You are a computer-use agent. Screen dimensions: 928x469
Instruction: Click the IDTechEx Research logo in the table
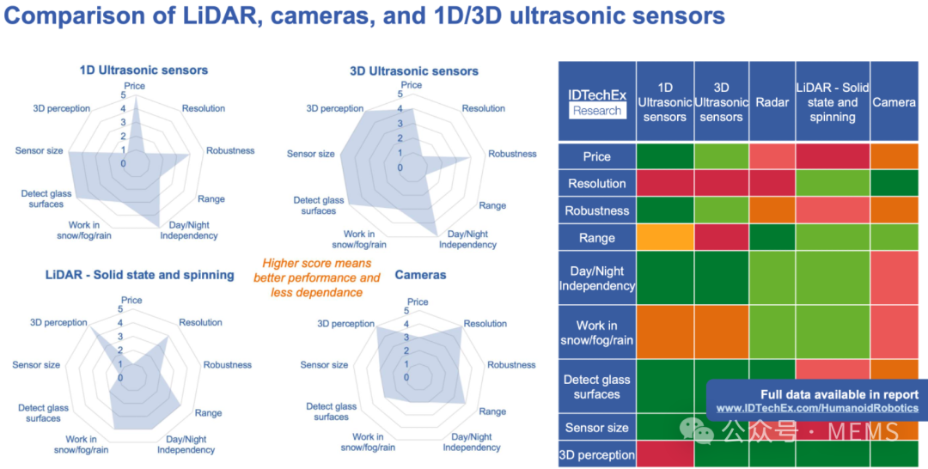point(597,103)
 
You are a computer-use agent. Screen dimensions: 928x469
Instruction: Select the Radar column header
point(772,101)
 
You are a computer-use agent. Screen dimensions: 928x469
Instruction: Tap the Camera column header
point(894,101)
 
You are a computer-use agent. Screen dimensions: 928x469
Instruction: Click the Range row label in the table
point(596,238)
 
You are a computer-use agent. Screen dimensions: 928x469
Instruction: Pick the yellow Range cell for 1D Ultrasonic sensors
point(665,238)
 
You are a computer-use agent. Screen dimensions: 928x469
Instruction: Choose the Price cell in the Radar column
point(772,156)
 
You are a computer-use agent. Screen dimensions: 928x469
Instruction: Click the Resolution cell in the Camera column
point(894,183)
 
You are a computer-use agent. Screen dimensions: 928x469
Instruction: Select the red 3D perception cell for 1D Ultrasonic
point(665,454)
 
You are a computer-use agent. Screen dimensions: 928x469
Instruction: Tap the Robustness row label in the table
point(596,210)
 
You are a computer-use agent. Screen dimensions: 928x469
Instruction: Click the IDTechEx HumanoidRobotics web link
point(817,408)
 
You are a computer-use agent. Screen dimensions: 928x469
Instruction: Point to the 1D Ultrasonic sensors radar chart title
point(143,70)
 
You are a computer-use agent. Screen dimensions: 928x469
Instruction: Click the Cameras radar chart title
point(420,275)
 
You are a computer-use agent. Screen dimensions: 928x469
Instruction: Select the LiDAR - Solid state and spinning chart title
point(140,275)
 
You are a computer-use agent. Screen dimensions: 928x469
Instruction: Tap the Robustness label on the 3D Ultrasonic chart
point(512,154)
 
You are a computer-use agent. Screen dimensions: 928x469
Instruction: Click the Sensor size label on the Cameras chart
point(324,365)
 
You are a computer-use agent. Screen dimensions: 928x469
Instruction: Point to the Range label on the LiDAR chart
point(208,413)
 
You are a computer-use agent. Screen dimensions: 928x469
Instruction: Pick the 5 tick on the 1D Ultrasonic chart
point(123,95)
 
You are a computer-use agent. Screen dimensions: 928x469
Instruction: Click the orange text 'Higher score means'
point(317,263)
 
